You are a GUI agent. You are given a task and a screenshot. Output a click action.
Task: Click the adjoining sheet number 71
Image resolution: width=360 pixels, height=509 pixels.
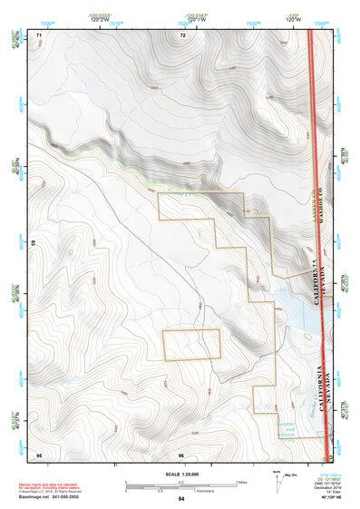[x=39, y=34]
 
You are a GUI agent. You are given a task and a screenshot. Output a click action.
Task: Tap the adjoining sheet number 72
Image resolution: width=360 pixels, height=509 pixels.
[x=182, y=34]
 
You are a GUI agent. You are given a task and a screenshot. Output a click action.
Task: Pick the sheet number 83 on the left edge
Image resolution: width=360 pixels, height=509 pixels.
[x=34, y=243]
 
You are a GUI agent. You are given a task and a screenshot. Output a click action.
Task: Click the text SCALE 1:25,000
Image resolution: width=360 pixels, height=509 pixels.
[x=181, y=473]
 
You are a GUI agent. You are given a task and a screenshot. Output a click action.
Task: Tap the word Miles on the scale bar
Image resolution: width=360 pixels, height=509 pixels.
[x=241, y=481]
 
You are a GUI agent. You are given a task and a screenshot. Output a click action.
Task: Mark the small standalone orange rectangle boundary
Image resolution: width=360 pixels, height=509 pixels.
[x=191, y=345]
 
